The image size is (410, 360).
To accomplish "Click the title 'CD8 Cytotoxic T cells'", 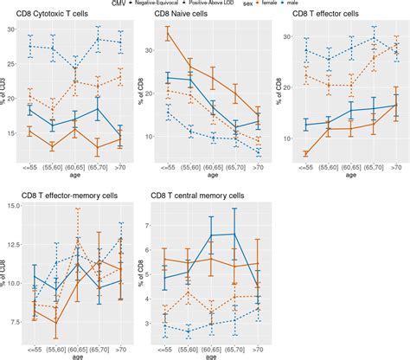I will [65, 15].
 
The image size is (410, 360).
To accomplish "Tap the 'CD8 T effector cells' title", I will [325, 15].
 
